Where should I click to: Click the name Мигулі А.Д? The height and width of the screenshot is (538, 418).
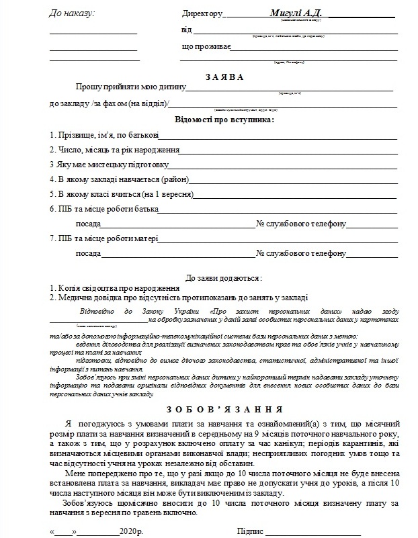tap(296, 13)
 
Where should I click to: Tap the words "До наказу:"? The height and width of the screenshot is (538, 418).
tap(73, 13)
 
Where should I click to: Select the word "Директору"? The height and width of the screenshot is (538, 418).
tap(202, 14)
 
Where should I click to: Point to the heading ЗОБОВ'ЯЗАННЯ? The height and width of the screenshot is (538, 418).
tap(224, 409)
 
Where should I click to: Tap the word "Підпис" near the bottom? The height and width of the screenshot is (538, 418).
tap(251, 531)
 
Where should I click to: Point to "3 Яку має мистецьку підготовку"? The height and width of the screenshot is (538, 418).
tap(110, 165)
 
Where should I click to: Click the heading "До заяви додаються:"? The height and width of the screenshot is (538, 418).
tap(224, 277)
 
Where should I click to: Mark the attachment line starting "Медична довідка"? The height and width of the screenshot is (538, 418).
tap(179, 297)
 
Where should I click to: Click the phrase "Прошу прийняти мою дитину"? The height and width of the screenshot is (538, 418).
tap(131, 87)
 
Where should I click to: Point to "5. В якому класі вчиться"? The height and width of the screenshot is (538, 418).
tap(122, 194)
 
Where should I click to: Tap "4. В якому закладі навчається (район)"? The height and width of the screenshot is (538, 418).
tap(120, 179)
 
